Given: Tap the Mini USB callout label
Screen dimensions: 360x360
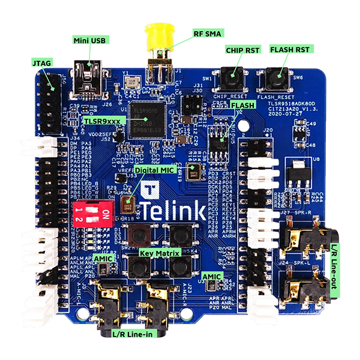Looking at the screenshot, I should coord(89,40).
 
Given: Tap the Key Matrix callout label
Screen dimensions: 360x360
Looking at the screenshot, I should coord(160,254).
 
